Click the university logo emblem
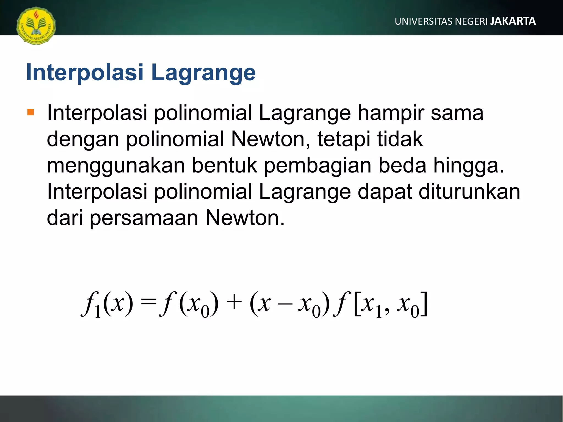pyautogui.click(x=36, y=26)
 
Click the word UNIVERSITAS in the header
pyautogui.click(x=423, y=21)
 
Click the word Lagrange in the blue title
pyautogui.click(x=203, y=73)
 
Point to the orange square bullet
pyautogui.click(x=31, y=112)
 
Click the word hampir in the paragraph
pyautogui.click(x=391, y=113)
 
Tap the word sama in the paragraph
pyautogui.click(x=457, y=113)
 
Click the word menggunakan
pyautogui.click(x=116, y=166)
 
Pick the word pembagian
pyautogui.click(x=318, y=165)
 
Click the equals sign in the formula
pyautogui.click(x=148, y=303)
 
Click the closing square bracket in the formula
pyautogui.click(x=424, y=304)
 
